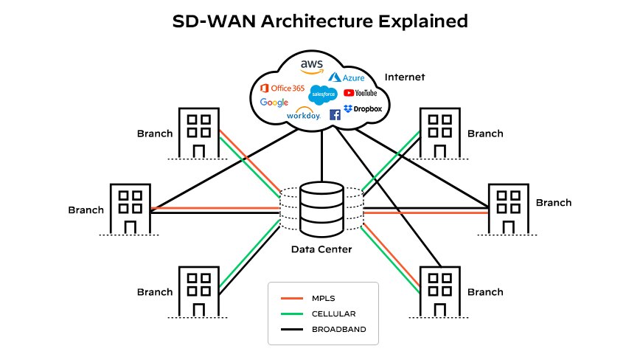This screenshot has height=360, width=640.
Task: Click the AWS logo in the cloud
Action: pyautogui.click(x=312, y=66)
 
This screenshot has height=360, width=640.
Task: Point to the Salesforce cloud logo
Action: pyautogui.click(x=323, y=94)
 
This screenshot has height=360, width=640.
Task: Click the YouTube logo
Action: pyautogui.click(x=361, y=93)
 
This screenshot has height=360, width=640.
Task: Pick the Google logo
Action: pyautogui.click(x=274, y=103)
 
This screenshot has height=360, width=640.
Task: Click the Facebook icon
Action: pyautogui.click(x=335, y=114)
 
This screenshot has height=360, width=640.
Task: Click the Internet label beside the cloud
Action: pyautogui.click(x=405, y=77)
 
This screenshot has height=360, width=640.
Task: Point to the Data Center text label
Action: pyautogui.click(x=321, y=249)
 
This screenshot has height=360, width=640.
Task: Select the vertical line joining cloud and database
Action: pyautogui.click(x=321, y=159)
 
